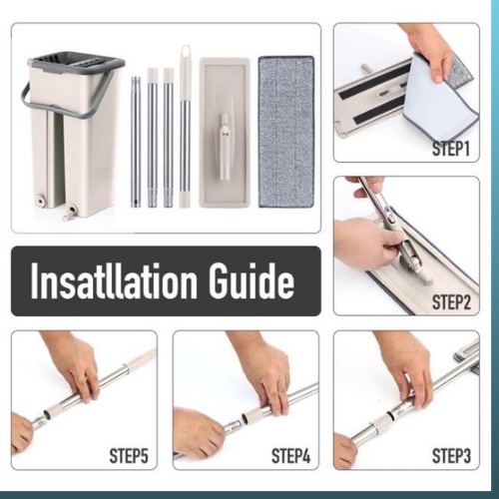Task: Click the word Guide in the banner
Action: click(252, 281)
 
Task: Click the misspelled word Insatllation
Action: click(114, 281)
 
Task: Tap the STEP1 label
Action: click(451, 149)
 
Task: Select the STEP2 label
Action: click(451, 302)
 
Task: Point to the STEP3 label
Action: click(451, 455)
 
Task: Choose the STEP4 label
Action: click(290, 455)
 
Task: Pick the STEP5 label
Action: click(129, 455)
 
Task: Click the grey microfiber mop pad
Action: click(286, 132)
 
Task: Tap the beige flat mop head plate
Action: click(225, 133)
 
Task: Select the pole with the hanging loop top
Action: click(184, 127)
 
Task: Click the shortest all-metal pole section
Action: click(136, 142)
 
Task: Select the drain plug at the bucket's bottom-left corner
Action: click(41, 201)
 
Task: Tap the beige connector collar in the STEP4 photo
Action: click(249, 416)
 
